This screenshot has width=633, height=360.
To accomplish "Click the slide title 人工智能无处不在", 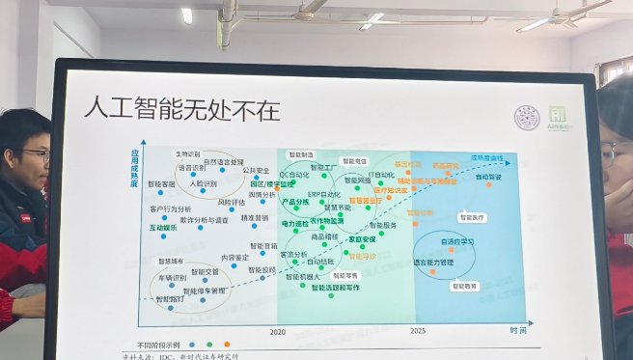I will (x=181, y=109).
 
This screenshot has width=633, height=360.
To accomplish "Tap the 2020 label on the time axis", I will (x=278, y=331).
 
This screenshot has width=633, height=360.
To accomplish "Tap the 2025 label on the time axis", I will (x=417, y=331).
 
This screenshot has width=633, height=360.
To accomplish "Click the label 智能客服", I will (x=161, y=183).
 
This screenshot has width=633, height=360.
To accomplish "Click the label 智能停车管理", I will (x=205, y=290).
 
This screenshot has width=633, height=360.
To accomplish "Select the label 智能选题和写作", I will (x=335, y=288).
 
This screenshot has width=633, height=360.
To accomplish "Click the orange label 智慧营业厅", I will (x=360, y=201).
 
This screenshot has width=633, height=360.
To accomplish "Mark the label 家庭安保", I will (x=362, y=238).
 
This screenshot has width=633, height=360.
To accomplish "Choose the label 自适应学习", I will (x=456, y=241).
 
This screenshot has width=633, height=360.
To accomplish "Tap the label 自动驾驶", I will (x=488, y=177).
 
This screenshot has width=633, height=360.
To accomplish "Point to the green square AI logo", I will (x=557, y=115).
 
